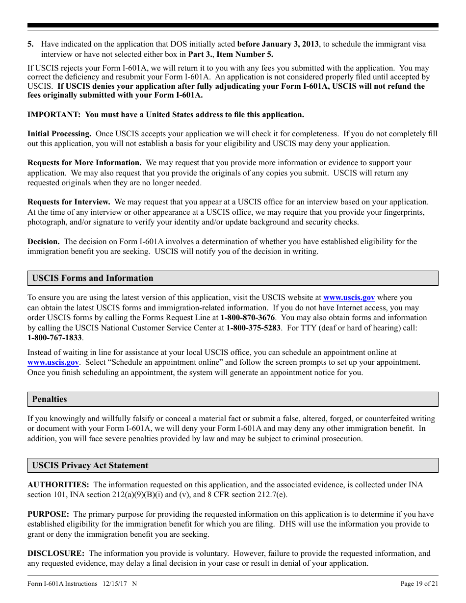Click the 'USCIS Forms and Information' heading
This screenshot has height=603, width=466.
(x=93, y=278)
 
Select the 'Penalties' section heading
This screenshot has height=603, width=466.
(x=50, y=399)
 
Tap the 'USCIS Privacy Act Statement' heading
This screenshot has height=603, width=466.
(x=90, y=465)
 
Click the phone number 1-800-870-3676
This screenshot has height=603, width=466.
(x=247, y=318)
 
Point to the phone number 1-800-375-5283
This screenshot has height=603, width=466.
(x=254, y=328)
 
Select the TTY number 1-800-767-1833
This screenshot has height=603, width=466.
(x=54, y=338)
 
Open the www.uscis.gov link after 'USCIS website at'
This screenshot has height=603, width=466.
(x=349, y=298)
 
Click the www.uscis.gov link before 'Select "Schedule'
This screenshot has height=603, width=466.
(x=53, y=362)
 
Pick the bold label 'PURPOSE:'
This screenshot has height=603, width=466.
(x=48, y=514)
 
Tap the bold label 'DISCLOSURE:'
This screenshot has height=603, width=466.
(x=56, y=553)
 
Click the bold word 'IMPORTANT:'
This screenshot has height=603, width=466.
(x=54, y=114)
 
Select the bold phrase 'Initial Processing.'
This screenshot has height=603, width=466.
(x=59, y=133)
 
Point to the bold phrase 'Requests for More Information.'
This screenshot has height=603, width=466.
(x=84, y=162)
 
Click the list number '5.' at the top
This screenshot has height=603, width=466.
(x=30, y=44)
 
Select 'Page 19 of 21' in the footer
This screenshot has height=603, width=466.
(x=419, y=583)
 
